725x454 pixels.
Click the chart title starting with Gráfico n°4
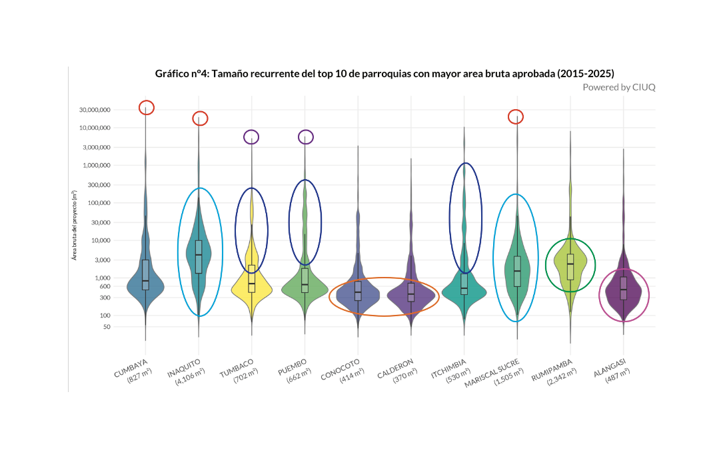tap(384, 73)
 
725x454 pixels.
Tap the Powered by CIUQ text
tap(618, 87)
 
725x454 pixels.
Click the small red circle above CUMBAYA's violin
tap(147, 107)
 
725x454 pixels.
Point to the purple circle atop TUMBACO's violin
tap(251, 136)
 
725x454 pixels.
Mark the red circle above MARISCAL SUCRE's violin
tap(516, 117)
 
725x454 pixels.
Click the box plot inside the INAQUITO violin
tap(199, 256)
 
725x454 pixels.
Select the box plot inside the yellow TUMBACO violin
tap(251, 278)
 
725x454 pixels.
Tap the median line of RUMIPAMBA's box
tap(570, 264)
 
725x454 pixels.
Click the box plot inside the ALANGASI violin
tap(623, 289)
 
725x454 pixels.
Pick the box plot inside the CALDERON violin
tap(410, 292)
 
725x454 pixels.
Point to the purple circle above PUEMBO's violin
tap(305, 136)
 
